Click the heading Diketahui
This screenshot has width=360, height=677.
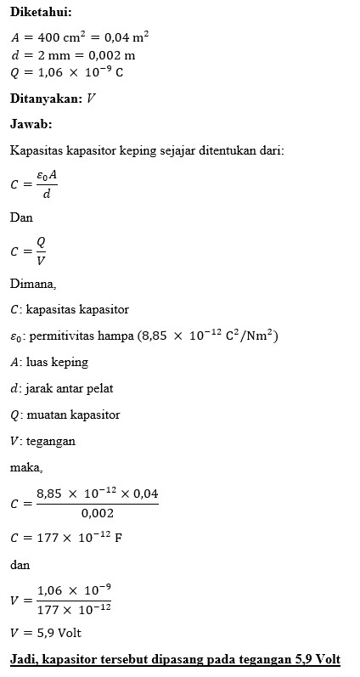coord(40,12)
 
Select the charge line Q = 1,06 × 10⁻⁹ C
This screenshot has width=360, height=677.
coord(67,73)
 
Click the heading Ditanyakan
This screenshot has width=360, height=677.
coord(46,99)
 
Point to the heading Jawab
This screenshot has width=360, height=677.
coord(31,124)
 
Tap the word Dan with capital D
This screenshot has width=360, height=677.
coord(21,217)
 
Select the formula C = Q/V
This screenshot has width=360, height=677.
coord(29,251)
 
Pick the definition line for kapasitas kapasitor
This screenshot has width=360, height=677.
coord(71,309)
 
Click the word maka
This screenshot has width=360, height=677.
coord(26,466)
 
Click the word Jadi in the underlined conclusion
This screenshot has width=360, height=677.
coord(23,659)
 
